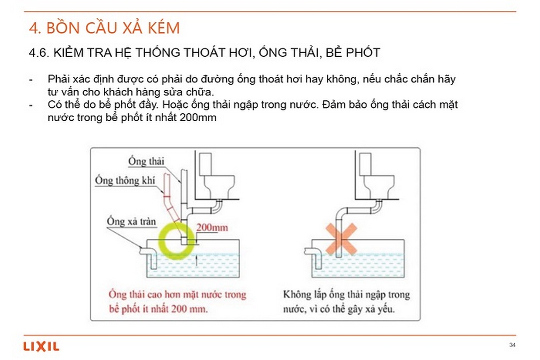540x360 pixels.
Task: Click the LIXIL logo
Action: pyautogui.click(x=41, y=347)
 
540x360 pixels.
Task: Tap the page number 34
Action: pyautogui.click(x=512, y=345)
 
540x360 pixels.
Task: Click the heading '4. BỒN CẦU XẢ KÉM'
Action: pyautogui.click(x=104, y=28)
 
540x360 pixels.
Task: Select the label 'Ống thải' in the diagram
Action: pyautogui.click(x=146, y=162)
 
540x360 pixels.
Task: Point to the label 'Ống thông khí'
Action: pyautogui.click(x=125, y=180)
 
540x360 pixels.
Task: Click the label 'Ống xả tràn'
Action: pyautogui.click(x=131, y=222)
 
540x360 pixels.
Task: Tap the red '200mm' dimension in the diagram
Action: pyautogui.click(x=212, y=228)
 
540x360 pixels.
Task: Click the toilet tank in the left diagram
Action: pyautogui.click(x=205, y=164)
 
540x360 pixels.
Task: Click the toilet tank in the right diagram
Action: pyautogui.click(x=366, y=164)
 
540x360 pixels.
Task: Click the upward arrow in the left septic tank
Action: pyautogui.click(x=196, y=260)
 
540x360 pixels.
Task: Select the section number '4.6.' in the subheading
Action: pyautogui.click(x=39, y=53)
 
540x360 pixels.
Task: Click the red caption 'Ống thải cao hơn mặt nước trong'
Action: pyautogui.click(x=177, y=295)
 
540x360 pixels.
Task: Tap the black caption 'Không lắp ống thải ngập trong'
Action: pyautogui.click(x=346, y=295)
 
